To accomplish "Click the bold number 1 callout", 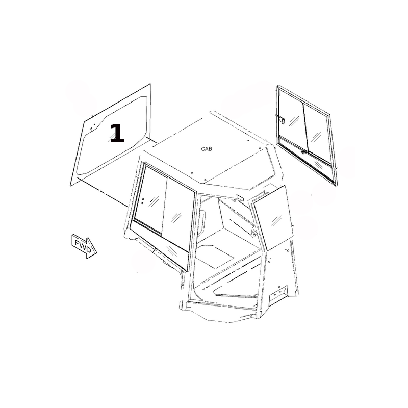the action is click(117, 133).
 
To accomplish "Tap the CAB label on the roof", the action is click(207, 149).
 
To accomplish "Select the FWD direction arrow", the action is click(84, 246).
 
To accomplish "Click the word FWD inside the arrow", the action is click(83, 246).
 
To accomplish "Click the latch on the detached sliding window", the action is click(282, 120).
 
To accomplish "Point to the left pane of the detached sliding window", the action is click(291, 120).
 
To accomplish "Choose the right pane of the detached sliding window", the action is click(317, 133).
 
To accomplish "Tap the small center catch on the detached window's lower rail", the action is click(303, 151).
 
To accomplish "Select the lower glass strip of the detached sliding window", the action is click(307, 160).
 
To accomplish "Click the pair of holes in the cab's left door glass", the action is click(143, 201).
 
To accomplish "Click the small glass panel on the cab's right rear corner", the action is click(274, 218).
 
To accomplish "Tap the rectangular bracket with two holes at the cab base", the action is click(278, 294).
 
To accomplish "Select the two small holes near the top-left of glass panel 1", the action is click(91, 128).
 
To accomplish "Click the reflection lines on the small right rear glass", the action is click(276, 221).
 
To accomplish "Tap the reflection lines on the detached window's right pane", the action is click(316, 136).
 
